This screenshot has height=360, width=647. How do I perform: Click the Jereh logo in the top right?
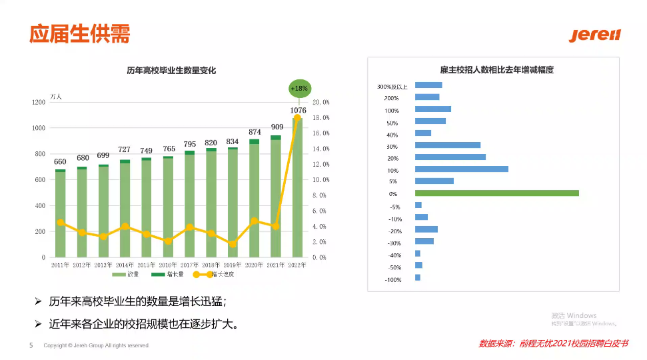[x=594, y=35]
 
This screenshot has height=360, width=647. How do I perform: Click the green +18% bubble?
[x=299, y=88]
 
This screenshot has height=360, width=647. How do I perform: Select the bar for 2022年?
[x=298, y=187]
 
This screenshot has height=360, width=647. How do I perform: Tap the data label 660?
[x=60, y=161]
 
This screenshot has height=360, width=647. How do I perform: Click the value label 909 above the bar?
[x=277, y=127]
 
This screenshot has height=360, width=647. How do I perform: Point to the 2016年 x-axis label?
[x=168, y=265]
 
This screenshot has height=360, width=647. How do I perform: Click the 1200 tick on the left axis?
[x=39, y=102]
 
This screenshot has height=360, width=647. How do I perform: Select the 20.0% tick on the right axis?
[x=321, y=102]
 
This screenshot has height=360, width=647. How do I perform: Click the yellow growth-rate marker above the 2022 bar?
[x=297, y=118]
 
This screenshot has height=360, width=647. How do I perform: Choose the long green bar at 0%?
[x=496, y=193]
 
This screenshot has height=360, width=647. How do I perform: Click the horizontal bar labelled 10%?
[x=461, y=169]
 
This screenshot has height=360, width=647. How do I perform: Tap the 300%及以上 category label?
[x=392, y=87]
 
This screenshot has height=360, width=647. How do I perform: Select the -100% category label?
[x=393, y=279]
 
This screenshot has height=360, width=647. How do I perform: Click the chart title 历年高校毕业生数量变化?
[x=171, y=71]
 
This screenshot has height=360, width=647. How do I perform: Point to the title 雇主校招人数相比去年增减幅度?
[x=496, y=70]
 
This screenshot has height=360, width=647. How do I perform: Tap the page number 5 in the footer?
[x=31, y=345]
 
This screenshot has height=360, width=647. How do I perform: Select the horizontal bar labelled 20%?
[x=450, y=157]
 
